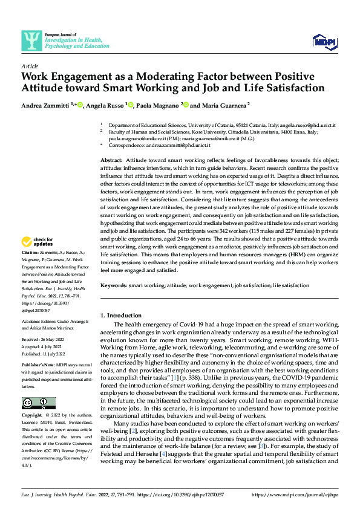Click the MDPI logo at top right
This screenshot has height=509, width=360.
tap(323, 41)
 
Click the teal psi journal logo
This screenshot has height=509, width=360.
tap(31, 41)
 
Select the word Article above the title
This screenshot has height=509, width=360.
tap(30, 65)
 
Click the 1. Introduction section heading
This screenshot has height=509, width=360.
tap(120, 315)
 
